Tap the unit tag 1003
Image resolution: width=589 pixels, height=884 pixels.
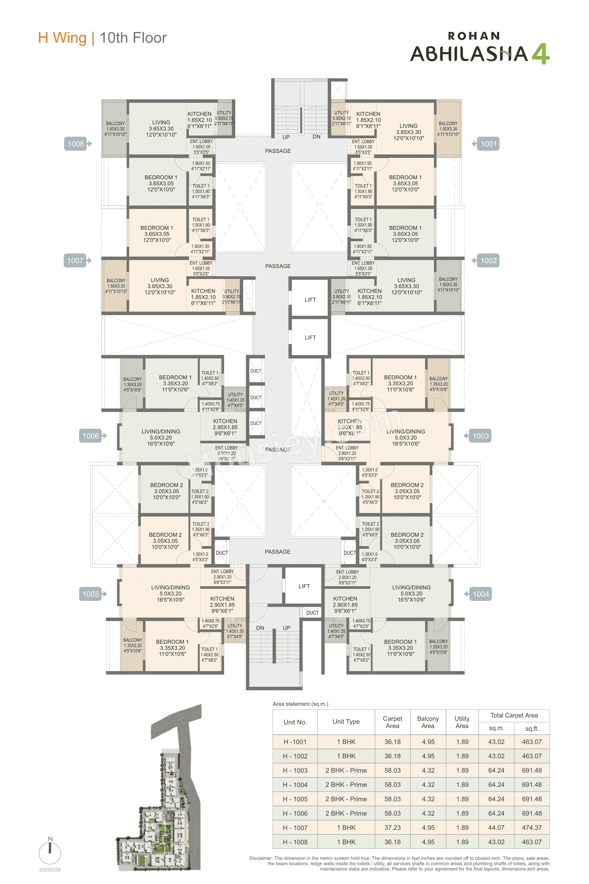click(x=481, y=436)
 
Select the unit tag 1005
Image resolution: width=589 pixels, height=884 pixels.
click(x=91, y=594)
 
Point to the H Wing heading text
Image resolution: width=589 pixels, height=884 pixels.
click(x=62, y=38)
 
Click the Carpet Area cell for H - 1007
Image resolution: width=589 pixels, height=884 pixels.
click(x=392, y=828)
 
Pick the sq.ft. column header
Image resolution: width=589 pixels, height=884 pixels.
click(x=532, y=728)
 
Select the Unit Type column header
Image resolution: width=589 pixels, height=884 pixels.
click(x=346, y=722)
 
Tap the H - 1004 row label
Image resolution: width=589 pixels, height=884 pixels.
click(x=295, y=785)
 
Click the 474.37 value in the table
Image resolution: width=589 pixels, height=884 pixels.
click(x=532, y=828)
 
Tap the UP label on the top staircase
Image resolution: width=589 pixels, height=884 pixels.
click(x=286, y=137)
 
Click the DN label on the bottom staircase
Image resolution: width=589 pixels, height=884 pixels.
click(x=260, y=628)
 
